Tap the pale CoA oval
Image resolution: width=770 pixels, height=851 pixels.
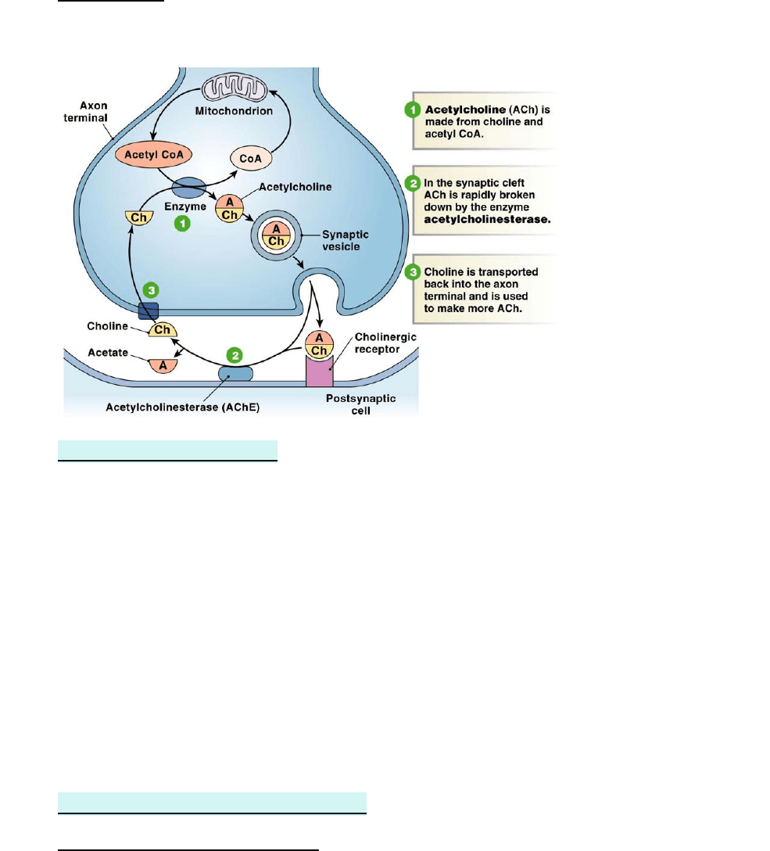click(252, 158)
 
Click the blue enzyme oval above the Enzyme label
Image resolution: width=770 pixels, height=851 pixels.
click(188, 189)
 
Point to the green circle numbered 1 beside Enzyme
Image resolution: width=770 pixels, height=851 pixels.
click(182, 224)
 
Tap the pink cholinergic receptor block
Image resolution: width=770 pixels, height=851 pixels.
click(318, 371)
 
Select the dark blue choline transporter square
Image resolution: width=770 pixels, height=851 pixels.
click(149, 311)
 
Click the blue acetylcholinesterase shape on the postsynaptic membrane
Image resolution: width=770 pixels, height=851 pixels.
click(235, 373)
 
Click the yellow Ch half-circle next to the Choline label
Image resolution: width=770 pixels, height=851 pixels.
click(162, 331)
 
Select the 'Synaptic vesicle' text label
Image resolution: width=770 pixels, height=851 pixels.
click(346, 240)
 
